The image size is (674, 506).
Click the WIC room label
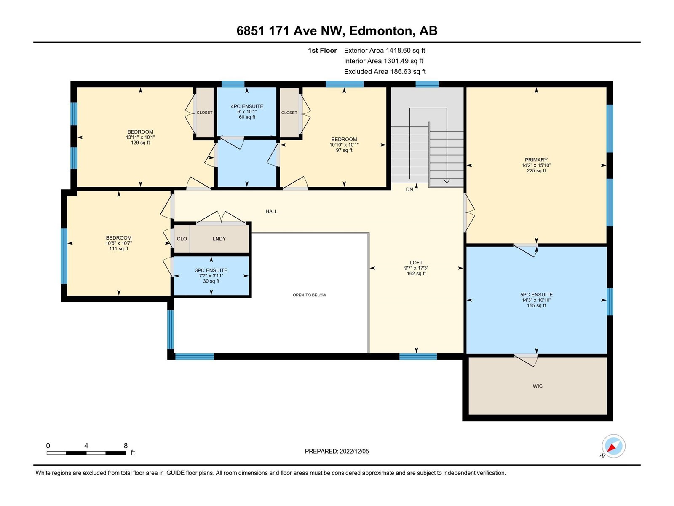coord(538,386)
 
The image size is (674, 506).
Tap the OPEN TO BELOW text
coord(309,295)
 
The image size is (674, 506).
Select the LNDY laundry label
coord(219,239)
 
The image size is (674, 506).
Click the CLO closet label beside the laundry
coord(182,239)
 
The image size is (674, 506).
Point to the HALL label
coord(271,211)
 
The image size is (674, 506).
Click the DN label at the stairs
coord(409,190)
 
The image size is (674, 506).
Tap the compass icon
coord(613,446)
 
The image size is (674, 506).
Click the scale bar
coord(86,452)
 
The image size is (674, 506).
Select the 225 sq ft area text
coord(536,170)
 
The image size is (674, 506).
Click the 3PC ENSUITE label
coord(211,270)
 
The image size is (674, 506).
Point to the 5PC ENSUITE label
coord(536,295)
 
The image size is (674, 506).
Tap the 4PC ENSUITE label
coord(247,106)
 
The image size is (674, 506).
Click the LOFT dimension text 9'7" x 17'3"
coord(416,268)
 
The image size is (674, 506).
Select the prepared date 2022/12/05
coord(354,451)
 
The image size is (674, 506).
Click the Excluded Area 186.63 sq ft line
coord(385,72)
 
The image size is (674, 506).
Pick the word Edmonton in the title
coord(380,31)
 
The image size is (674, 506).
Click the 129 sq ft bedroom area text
coord(140,143)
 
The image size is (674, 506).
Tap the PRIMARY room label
coord(536,160)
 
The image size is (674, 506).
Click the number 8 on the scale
coord(126,445)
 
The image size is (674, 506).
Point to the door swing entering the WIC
coord(526,360)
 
